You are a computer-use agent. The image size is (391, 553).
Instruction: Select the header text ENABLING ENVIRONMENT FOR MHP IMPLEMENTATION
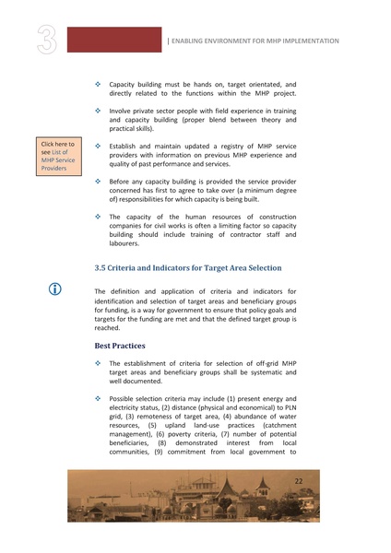click(255, 41)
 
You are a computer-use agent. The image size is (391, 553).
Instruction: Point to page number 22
click(298, 482)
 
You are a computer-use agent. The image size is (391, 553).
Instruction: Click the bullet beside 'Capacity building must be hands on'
click(99, 85)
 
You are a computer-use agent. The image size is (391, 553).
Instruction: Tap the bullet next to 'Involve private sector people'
click(99, 111)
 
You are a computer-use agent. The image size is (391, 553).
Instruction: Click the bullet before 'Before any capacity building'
click(99, 182)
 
